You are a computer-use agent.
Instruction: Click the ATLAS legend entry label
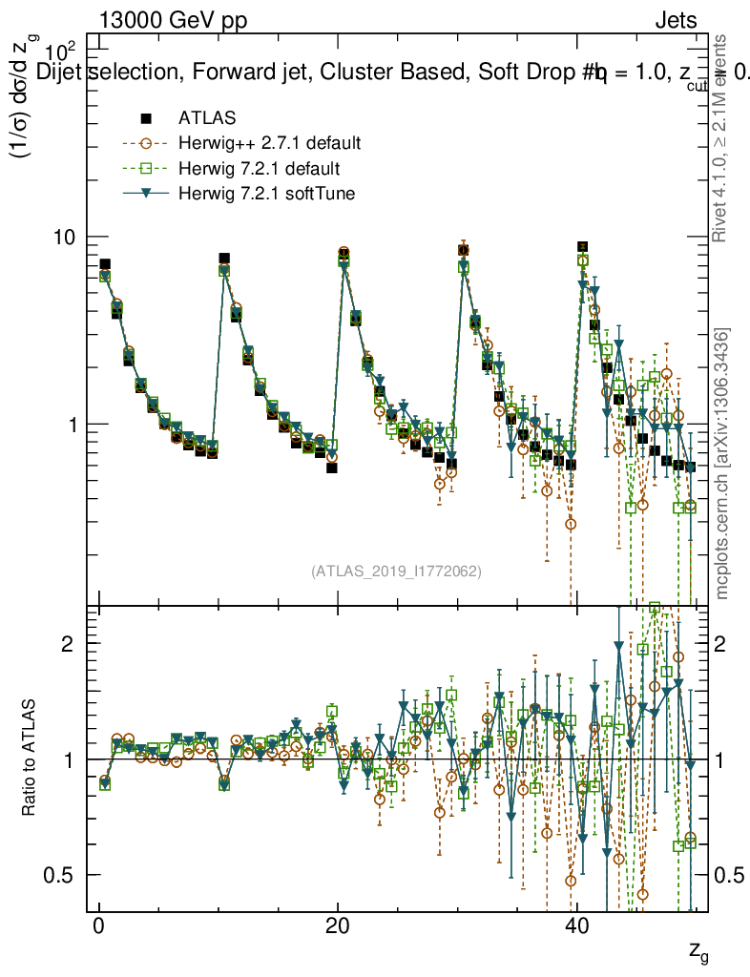pos(207,118)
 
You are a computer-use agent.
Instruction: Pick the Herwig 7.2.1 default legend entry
pos(259,169)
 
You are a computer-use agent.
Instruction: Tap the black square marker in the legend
pos(146,118)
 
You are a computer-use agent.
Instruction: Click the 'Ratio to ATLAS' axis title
pos(30,759)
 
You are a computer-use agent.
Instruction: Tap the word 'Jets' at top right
pos(676,21)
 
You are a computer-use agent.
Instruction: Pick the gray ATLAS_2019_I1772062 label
pos(396,572)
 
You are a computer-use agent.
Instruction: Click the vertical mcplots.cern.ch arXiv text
pos(722,463)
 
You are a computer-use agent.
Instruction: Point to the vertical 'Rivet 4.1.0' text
pos(722,138)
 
